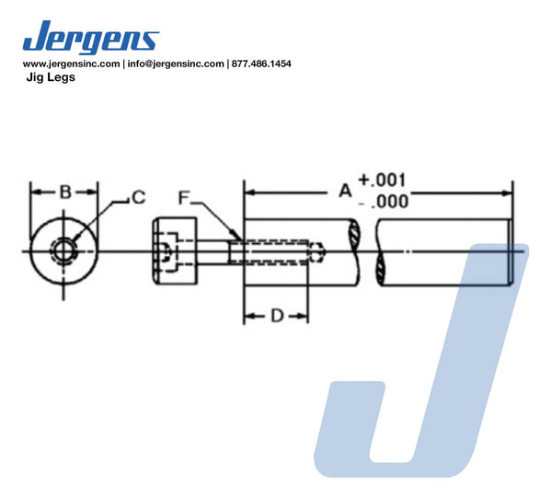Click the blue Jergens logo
91,37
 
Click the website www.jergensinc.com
71,64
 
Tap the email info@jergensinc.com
176,64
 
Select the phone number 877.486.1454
261,64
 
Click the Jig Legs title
51,77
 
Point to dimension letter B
65,192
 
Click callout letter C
139,197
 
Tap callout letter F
184,198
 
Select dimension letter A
345,191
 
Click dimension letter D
277,316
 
